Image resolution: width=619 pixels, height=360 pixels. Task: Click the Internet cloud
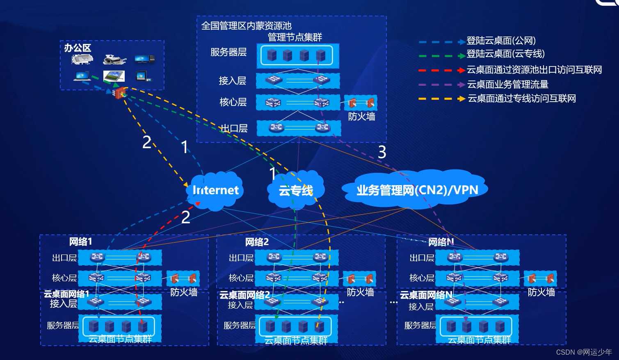pyautogui.click(x=215, y=190)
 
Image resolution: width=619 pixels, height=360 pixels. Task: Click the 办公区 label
pyautogui.click(x=78, y=48)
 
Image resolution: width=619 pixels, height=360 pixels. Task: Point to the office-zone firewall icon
pyautogui.click(x=120, y=93)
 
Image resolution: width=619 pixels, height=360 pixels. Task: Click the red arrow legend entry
pyautogui.click(x=510, y=70)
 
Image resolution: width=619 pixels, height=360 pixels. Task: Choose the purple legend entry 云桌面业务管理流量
pyautogui.click(x=483, y=84)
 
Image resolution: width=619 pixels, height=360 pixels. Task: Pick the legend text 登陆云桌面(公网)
pyautogui.click(x=501, y=41)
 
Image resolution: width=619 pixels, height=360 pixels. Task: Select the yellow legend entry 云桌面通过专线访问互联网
pyautogui.click(x=497, y=99)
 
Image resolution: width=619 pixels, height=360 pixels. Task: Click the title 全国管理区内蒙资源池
pyautogui.click(x=246, y=26)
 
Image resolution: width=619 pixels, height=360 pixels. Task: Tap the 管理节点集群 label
pyautogui.click(x=295, y=37)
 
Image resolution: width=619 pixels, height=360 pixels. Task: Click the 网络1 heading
pyautogui.click(x=80, y=242)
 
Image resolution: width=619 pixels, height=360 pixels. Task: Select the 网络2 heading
pyautogui.click(x=257, y=242)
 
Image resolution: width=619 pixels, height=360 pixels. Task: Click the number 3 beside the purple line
pyautogui.click(x=382, y=152)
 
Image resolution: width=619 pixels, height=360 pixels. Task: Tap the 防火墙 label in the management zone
pyautogui.click(x=361, y=117)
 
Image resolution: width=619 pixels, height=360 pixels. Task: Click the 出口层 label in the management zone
pyautogui.click(x=234, y=128)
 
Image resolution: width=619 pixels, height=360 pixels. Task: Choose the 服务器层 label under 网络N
pyautogui.click(x=420, y=326)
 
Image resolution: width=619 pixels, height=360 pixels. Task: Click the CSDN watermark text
pyautogui.click(x=584, y=352)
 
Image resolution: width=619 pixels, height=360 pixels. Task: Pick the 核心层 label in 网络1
pyautogui.click(x=64, y=277)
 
